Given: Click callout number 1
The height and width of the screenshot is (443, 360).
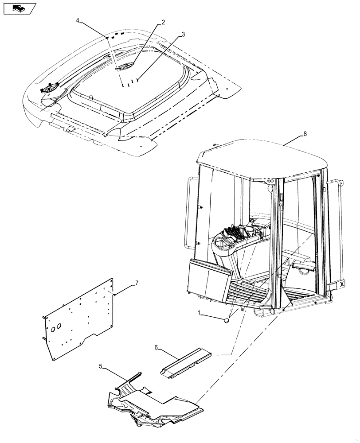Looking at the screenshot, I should pyautogui.click(x=200, y=314).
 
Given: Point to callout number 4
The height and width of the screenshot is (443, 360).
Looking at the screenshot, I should pyautogui.click(x=78, y=20).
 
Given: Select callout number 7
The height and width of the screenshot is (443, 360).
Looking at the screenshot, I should pyautogui.click(x=137, y=283).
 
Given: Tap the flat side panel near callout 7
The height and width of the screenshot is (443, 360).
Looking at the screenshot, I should pyautogui.click(x=80, y=319).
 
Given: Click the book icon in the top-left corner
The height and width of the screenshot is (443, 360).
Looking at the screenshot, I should pyautogui.click(x=19, y=8).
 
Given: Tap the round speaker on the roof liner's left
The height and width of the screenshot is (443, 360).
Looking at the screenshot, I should pyautogui.click(x=48, y=88).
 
